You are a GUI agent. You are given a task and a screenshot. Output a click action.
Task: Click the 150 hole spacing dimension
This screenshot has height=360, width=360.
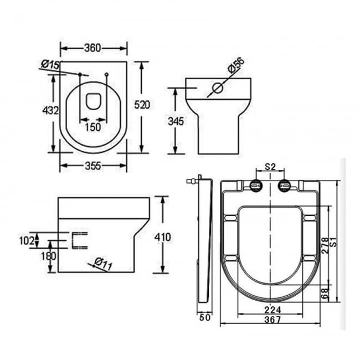93,127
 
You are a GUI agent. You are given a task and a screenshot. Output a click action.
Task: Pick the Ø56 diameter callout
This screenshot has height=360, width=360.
235,66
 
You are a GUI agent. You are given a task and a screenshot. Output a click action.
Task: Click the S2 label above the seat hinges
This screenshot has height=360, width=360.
270,166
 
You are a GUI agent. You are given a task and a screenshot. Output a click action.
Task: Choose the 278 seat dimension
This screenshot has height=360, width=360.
325,246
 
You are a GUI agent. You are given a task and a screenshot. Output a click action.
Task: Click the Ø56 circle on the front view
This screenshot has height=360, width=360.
218,88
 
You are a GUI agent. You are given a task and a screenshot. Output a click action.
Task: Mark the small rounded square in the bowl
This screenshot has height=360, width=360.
93,101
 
